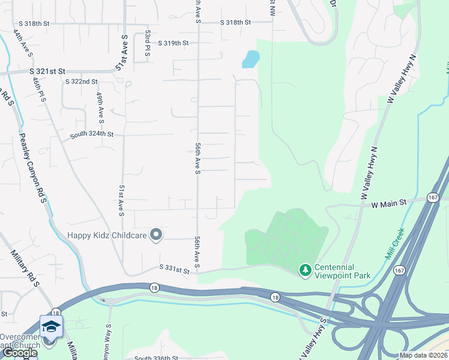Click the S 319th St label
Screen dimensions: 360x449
[x=173, y=43]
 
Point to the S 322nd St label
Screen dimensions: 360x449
[x=81, y=82]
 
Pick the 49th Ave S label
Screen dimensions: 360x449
[x=101, y=104]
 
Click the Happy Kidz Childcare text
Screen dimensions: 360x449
[x=107, y=235]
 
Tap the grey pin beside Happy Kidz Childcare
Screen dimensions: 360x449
[x=156, y=235]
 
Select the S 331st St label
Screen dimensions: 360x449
[x=174, y=271]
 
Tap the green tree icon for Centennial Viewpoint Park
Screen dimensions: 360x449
[x=306, y=271]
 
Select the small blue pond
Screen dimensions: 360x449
[x=250, y=58]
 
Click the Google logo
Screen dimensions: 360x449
[x=19, y=353]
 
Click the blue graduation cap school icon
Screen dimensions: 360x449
[x=52, y=326]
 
